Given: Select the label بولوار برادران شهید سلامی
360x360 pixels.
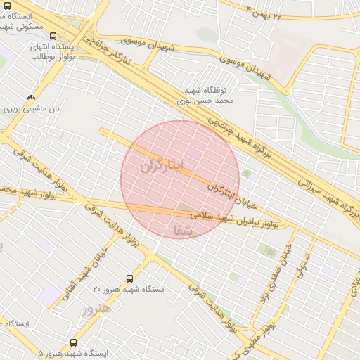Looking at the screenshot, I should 239,220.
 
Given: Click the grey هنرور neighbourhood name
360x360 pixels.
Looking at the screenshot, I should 96,310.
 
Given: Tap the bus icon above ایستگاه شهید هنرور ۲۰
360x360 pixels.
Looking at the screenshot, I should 129,279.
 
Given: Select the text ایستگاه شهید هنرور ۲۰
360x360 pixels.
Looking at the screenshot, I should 129,290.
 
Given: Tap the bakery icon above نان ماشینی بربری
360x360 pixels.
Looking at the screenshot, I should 30,98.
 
